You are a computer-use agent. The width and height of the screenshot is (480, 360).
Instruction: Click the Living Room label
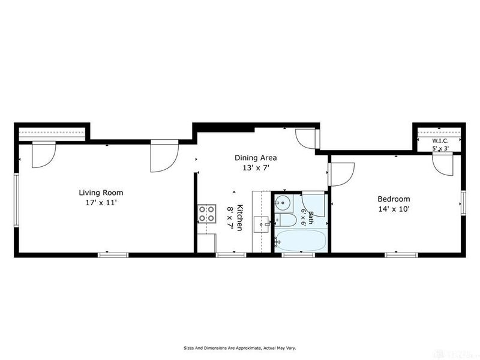tap(101, 193)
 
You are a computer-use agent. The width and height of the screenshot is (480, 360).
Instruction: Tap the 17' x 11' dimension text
tap(101, 203)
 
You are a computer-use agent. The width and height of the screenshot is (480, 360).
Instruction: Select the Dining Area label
tap(256, 158)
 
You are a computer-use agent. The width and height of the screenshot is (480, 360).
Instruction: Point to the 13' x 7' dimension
tap(256, 168)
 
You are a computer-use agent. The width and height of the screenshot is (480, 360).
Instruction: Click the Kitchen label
tap(239, 217)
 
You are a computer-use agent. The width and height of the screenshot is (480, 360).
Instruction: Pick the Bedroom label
tap(394, 199)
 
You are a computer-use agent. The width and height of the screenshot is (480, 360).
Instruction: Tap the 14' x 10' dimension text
tap(394, 209)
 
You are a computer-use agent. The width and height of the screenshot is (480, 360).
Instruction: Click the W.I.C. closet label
tap(440, 141)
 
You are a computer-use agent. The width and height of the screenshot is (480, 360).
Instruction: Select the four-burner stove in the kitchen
tap(206, 214)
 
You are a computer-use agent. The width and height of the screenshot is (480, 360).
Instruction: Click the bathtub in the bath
tap(300, 241)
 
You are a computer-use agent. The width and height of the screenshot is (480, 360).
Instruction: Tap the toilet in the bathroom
tap(286, 220)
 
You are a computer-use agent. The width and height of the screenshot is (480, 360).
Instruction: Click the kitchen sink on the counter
tap(262, 224)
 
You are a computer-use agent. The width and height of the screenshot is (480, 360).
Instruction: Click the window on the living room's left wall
tap(16, 200)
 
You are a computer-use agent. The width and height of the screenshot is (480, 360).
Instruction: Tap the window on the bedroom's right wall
tap(463, 203)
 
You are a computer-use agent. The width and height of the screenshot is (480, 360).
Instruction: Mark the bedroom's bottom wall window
tap(401, 255)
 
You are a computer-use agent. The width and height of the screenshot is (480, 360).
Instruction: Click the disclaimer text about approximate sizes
tap(239, 348)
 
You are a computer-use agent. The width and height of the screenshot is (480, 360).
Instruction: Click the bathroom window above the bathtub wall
tap(298, 255)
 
